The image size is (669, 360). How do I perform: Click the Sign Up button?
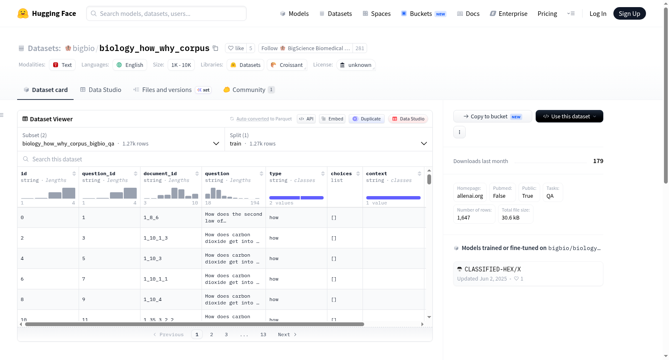pyautogui.click(x=629, y=13)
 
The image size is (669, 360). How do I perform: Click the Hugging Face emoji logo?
pyautogui.click(x=23, y=13)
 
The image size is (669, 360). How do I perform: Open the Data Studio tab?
pyautogui.click(x=101, y=89)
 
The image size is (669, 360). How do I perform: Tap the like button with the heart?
pyautogui.click(x=236, y=48)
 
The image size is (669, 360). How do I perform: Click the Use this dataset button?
pyautogui.click(x=569, y=116)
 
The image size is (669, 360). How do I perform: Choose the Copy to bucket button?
pyautogui.click(x=493, y=116)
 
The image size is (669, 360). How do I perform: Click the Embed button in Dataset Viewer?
pyautogui.click(x=332, y=119)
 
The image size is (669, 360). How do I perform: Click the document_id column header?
pyautogui.click(x=160, y=173)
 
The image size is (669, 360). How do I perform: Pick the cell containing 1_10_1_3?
pyautogui.click(x=156, y=238)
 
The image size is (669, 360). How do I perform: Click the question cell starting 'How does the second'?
pyautogui.click(x=234, y=217)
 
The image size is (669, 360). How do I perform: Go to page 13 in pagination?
pyautogui.click(x=263, y=334)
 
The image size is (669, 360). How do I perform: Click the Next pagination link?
pyautogui.click(x=287, y=334)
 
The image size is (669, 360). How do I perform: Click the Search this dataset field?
pyautogui.click(x=225, y=159)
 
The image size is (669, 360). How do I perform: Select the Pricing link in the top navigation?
pyautogui.click(x=547, y=13)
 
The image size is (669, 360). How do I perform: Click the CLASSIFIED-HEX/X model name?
pyautogui.click(x=493, y=269)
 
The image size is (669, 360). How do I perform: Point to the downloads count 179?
pyautogui.click(x=598, y=161)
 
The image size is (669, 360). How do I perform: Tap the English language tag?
pyautogui.click(x=130, y=65)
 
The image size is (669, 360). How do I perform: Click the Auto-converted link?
pyautogui.click(x=253, y=119)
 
